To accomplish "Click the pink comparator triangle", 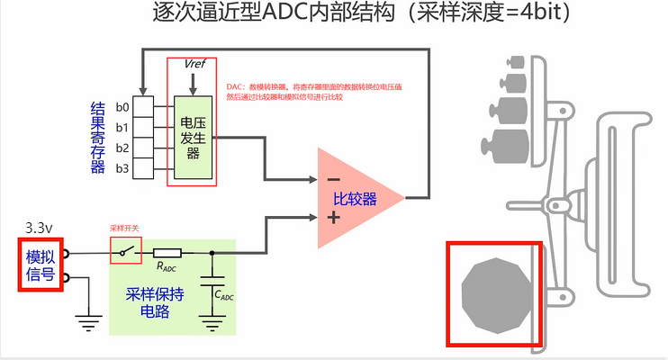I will click(x=356, y=198).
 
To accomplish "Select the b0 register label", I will click(x=123, y=108).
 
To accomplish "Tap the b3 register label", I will click(x=123, y=167).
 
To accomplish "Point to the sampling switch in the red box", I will click(x=126, y=252).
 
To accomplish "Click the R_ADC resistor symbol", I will click(x=167, y=253).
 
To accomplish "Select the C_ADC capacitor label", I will click(x=224, y=295).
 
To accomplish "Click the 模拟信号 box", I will click(x=40, y=265).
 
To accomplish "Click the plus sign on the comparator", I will click(x=332, y=218).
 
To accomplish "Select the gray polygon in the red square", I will click(x=494, y=295).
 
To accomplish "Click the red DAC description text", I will click(x=313, y=90).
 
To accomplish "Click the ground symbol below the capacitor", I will click(x=212, y=320).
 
